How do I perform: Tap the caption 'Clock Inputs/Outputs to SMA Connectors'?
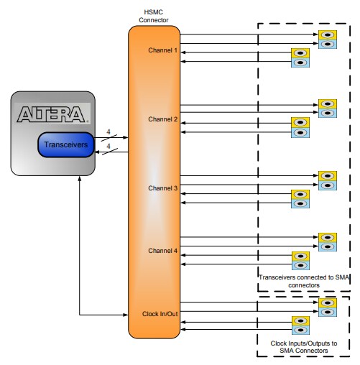303,346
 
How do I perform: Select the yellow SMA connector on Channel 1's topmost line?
327,34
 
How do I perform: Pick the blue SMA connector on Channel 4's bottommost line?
300,266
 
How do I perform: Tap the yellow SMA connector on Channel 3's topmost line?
327,175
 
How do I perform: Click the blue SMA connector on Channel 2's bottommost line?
300,132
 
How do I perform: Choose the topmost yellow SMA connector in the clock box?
327,302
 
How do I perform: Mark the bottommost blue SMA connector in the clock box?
300,331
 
